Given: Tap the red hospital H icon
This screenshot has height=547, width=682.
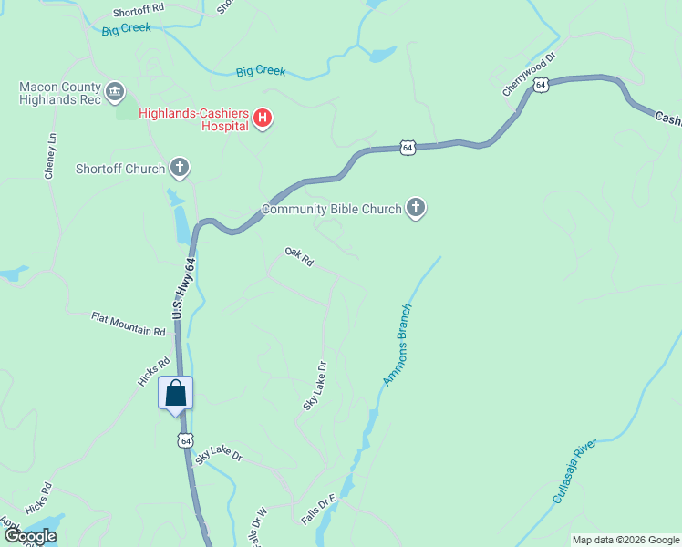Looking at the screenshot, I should click(x=263, y=119).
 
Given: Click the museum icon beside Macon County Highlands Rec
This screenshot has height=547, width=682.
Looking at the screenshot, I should click(x=115, y=91).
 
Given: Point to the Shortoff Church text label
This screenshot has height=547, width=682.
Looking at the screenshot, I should click(x=119, y=169).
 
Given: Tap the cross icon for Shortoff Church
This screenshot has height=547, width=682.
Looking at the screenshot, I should click(x=180, y=168).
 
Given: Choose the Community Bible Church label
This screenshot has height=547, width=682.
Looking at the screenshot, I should click(x=331, y=209).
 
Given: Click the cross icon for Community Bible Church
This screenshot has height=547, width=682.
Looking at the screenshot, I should click(x=416, y=209).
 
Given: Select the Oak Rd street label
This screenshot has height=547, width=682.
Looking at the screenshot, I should click(x=299, y=257).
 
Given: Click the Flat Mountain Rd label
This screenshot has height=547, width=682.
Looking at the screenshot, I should click(x=128, y=324).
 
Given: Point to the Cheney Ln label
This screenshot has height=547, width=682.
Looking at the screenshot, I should click(x=51, y=156).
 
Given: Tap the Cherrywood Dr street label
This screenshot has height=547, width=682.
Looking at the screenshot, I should click(x=529, y=75).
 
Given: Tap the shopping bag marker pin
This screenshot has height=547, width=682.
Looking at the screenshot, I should click(x=176, y=395).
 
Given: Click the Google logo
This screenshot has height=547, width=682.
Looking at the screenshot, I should click(x=30, y=536).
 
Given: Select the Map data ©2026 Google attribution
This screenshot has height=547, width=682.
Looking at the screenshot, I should click(x=625, y=540).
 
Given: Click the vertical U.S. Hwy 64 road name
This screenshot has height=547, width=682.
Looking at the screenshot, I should click(x=185, y=287).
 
